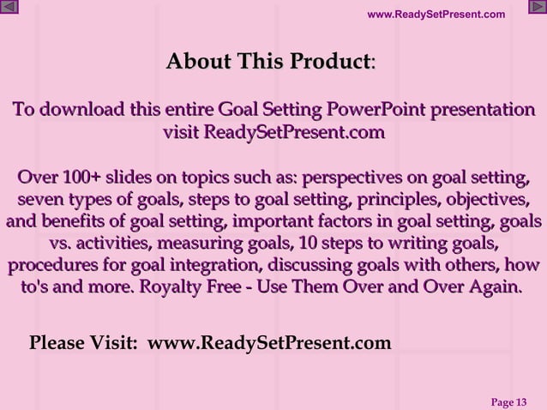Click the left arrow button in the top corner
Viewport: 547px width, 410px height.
[9, 8]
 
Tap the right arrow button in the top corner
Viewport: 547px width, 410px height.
[537, 8]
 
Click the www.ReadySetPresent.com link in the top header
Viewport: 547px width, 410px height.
[436, 14]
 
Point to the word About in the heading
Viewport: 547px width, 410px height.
[198, 62]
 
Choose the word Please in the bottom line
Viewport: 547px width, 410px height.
[57, 343]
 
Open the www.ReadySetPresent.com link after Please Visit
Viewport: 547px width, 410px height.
[269, 343]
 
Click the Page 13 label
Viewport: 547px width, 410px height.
[508, 401]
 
